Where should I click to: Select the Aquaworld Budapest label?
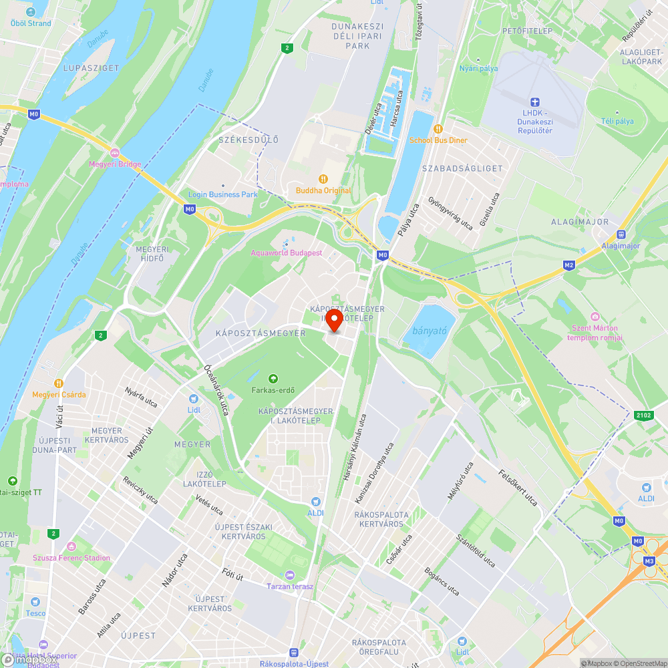point(287,253)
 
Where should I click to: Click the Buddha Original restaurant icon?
point(323,179)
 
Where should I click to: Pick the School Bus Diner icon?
point(438,129)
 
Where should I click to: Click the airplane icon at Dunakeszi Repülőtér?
point(534,102)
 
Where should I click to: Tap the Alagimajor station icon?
point(621,234)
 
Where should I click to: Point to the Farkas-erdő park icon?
point(273,379)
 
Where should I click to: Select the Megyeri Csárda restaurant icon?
point(59,383)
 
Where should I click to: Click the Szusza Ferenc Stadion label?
point(71,558)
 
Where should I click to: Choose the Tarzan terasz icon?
point(289,575)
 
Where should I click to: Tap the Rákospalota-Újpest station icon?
point(293,653)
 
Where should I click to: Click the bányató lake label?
point(430,331)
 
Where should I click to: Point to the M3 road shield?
point(649,561)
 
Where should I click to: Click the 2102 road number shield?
point(644,415)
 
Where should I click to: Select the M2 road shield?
point(569,265)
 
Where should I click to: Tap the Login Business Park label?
point(222,194)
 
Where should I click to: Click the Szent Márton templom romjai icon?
point(595,317)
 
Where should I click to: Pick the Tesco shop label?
point(35,613)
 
